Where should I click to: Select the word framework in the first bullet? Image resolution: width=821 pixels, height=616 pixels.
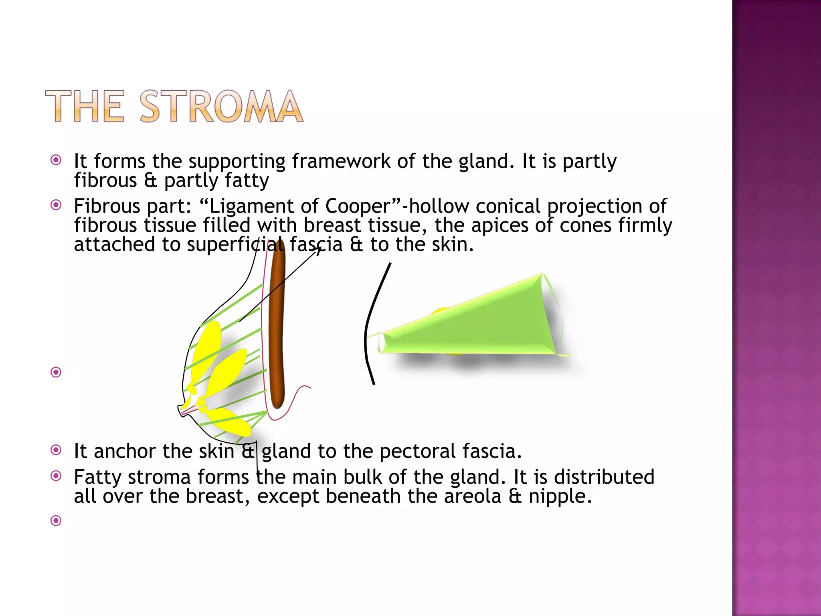click(x=341, y=161)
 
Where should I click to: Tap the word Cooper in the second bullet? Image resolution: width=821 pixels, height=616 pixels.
click(x=357, y=206)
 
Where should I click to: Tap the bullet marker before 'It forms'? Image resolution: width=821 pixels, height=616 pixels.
click(x=56, y=160)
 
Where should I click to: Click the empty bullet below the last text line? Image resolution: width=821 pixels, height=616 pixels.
click(x=56, y=521)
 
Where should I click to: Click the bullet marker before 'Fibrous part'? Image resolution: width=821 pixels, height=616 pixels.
click(x=56, y=205)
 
